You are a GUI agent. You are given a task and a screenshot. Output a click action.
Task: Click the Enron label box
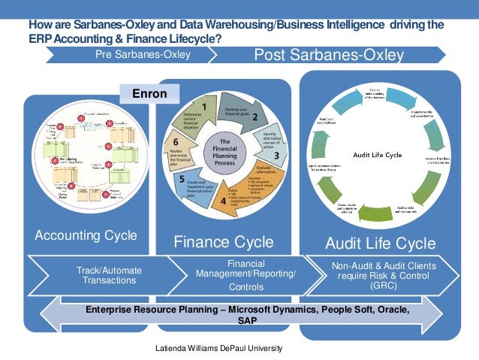pyautogui.click(x=152, y=95)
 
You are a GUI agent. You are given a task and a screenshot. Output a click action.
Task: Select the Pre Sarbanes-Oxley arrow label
pyautogui.click(x=143, y=54)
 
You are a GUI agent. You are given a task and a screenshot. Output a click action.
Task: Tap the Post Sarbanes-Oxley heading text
pyautogui.click(x=330, y=55)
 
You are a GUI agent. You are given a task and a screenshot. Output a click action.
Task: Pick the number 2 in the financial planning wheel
pyautogui.click(x=255, y=117)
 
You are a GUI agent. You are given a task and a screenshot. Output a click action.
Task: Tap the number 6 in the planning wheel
pyautogui.click(x=174, y=141)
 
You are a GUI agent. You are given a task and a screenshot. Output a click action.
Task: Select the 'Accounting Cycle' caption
pyautogui.click(x=86, y=235)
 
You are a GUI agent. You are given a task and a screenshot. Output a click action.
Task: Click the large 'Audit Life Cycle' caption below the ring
pyautogui.click(x=380, y=244)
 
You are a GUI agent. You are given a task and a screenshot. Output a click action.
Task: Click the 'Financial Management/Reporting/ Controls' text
pyautogui.click(x=245, y=275)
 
